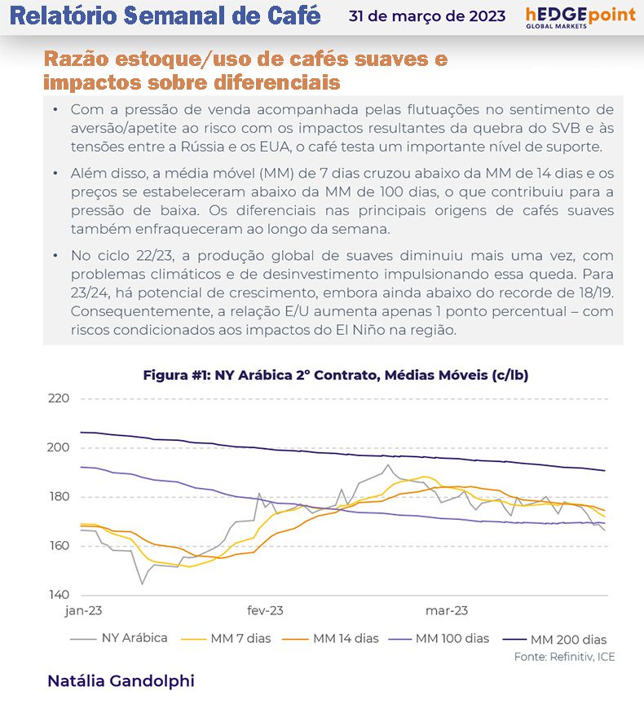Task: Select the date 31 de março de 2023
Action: tap(426, 16)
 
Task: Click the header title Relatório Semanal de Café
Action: tap(168, 15)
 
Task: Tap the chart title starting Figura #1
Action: tap(337, 375)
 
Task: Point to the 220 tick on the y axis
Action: tap(58, 398)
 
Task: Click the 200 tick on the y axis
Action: tap(58, 447)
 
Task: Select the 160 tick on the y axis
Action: tap(58, 545)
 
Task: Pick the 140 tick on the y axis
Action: tap(58, 594)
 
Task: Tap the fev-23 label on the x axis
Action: tap(265, 610)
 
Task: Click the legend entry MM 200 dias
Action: tap(568, 640)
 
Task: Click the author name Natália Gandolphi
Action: tap(121, 680)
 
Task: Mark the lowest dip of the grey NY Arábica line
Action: tap(143, 583)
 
